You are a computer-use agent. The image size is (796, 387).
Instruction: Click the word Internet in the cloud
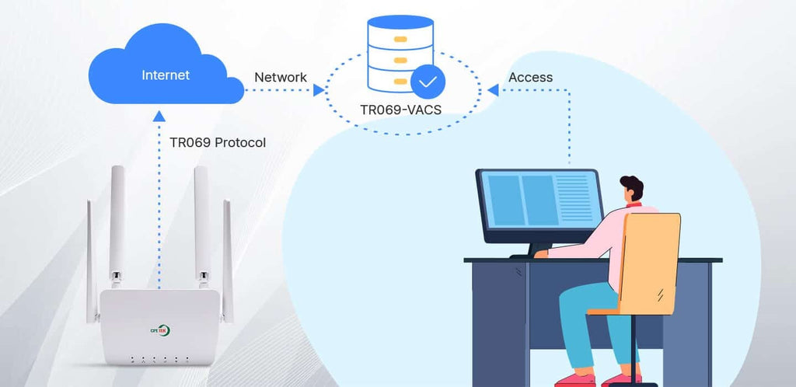(x=166, y=75)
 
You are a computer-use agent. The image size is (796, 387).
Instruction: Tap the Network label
(x=280, y=77)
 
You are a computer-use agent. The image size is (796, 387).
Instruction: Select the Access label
(x=530, y=77)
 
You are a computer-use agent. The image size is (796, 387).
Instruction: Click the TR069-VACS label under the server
(x=401, y=110)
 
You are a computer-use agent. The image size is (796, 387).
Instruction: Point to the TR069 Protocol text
(x=218, y=142)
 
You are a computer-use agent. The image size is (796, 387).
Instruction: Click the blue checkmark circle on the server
(x=428, y=81)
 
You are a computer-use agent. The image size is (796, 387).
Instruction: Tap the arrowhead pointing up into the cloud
(x=159, y=117)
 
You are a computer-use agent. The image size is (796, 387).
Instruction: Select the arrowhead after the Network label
(x=319, y=90)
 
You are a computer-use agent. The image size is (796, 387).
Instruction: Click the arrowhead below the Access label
(x=493, y=90)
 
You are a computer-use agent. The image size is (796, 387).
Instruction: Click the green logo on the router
(x=160, y=330)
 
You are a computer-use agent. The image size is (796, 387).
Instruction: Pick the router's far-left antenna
(x=91, y=261)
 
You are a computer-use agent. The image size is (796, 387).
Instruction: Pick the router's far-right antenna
(x=228, y=261)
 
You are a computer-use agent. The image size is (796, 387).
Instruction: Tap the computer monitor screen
(x=539, y=200)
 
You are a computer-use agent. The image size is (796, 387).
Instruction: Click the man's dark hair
(x=632, y=187)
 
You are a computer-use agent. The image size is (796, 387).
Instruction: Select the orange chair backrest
(x=651, y=263)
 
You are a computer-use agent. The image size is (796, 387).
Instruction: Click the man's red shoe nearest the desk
(x=575, y=380)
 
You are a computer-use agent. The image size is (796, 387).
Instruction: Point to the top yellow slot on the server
(x=400, y=39)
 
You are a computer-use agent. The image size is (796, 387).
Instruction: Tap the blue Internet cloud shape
(x=166, y=64)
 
